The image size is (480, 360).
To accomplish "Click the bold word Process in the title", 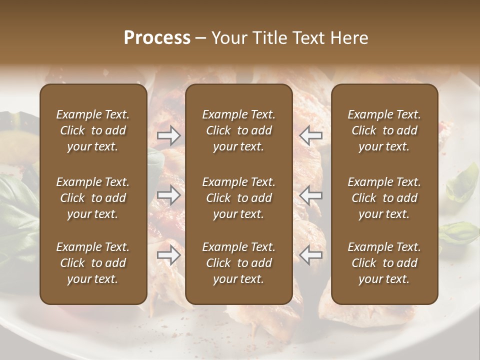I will [x=157, y=38].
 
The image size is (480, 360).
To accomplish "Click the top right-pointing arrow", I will [x=168, y=135].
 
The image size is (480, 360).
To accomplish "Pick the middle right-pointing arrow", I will [x=168, y=194].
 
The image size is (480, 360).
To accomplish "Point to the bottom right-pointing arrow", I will [x=168, y=255].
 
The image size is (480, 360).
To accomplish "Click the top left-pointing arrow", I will [x=311, y=135].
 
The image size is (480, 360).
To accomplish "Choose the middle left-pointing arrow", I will [x=311, y=194].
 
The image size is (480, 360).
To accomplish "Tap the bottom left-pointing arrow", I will [x=311, y=255].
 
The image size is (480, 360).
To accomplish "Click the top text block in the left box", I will [x=93, y=130].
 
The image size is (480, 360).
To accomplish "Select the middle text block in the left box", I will [x=93, y=198].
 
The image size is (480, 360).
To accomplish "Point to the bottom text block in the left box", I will [x=93, y=263].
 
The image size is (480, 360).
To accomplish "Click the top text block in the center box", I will [x=239, y=130].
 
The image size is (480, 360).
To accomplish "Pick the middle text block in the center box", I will [x=239, y=198].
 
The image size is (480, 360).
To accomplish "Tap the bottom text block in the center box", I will [x=239, y=263].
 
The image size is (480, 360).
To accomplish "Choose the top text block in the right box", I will [x=384, y=130].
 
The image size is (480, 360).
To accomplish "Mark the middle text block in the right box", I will [x=384, y=198].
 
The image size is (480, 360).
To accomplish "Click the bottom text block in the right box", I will [x=384, y=263].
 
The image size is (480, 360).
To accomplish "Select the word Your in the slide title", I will [x=228, y=38].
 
